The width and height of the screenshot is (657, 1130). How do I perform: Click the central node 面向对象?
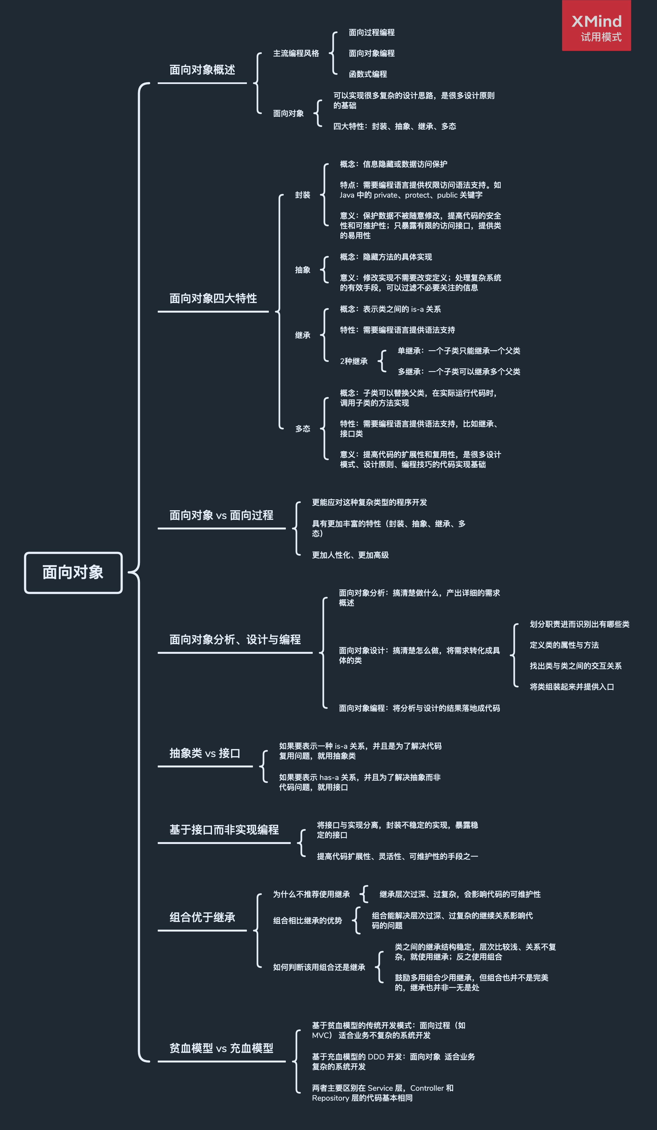pyautogui.click(x=73, y=573)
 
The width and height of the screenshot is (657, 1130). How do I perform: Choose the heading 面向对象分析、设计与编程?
pyautogui.click(x=235, y=640)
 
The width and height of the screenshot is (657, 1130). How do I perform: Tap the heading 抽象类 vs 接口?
pyautogui.click(x=205, y=753)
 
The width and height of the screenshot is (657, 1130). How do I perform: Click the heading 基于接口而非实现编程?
pyautogui.click(x=224, y=830)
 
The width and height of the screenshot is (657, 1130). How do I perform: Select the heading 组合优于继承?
pyautogui.click(x=202, y=918)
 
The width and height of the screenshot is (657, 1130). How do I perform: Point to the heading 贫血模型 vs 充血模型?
pyautogui.click(x=221, y=1048)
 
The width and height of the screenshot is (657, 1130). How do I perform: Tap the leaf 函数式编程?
pyautogui.click(x=368, y=74)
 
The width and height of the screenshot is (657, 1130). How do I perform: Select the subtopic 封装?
pyautogui.click(x=303, y=195)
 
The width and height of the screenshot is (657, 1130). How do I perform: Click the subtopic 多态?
pyautogui.click(x=303, y=429)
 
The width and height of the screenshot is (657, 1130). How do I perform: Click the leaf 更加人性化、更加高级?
pyautogui.click(x=351, y=555)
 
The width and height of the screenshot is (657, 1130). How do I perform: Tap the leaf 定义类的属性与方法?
pyautogui.click(x=564, y=645)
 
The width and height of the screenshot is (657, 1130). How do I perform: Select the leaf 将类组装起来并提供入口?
pyautogui.click(x=572, y=687)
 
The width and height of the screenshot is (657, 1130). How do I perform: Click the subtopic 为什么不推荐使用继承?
pyautogui.click(x=311, y=895)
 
